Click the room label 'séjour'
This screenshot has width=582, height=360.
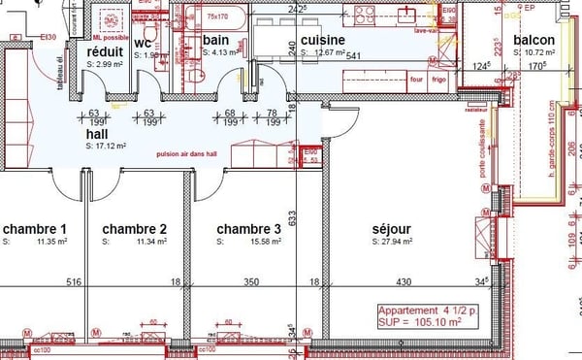393,230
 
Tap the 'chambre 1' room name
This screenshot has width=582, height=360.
34,230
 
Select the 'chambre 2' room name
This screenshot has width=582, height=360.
135,230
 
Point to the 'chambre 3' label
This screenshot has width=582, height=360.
248,230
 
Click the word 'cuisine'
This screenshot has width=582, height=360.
324,40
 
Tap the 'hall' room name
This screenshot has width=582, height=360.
97,134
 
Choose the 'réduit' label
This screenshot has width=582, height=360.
104,51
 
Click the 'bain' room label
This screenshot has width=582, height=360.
215,40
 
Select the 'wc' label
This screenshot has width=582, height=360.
144,44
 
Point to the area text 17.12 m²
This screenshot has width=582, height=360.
110,147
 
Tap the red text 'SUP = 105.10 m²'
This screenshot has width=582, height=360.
425,323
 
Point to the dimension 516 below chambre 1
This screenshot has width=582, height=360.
72,282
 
